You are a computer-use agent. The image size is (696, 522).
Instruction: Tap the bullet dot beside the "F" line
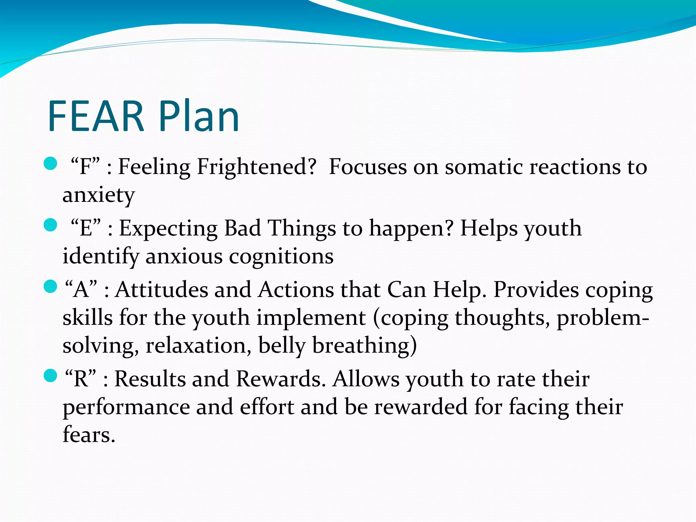51,163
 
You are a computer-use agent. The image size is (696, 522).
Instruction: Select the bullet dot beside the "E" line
51,225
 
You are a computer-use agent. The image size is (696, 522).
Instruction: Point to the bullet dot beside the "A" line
51,286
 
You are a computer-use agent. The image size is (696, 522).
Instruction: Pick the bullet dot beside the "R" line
51,376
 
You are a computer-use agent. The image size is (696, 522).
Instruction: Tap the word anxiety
99,195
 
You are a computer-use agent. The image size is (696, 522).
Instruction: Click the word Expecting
168,228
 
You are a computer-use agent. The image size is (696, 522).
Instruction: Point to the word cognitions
281,256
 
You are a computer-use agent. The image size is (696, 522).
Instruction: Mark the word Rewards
281,379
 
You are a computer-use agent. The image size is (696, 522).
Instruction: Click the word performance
126,407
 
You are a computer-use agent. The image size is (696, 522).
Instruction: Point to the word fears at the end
89,435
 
